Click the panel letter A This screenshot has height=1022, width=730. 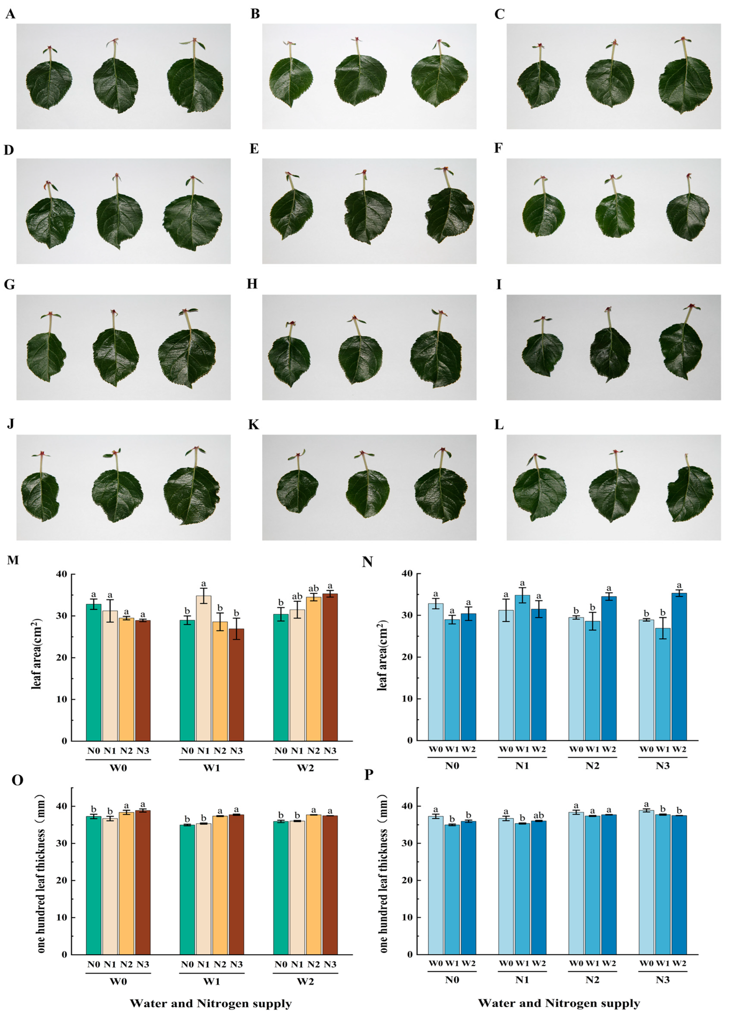tap(10, 14)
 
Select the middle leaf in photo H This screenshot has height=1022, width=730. tap(360, 360)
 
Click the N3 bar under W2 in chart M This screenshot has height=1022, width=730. tap(330, 668)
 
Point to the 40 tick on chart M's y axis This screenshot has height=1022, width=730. tap(62, 574)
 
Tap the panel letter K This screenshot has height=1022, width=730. tap(253, 425)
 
